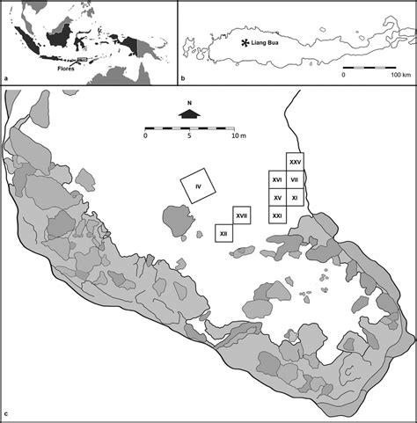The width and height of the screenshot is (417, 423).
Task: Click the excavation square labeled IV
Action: [x=200, y=186]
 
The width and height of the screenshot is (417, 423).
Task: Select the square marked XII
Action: [x=224, y=233]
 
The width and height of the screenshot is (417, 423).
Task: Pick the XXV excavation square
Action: [x=296, y=162]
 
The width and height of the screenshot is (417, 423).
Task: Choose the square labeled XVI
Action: [x=277, y=180]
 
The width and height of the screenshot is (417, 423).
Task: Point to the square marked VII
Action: [x=296, y=180]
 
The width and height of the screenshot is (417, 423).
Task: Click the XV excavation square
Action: [x=277, y=198]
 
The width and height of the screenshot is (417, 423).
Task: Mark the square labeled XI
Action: [x=296, y=198]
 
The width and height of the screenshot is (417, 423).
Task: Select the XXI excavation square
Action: [x=277, y=215]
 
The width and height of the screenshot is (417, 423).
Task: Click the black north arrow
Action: [x=189, y=113]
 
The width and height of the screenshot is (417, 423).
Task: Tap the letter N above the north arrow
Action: [x=189, y=103]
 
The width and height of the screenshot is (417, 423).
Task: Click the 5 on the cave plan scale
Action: [x=190, y=136]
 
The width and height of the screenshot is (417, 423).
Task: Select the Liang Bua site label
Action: [x=262, y=41]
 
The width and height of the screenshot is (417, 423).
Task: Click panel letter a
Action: [x=7, y=78]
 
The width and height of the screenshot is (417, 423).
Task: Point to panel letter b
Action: [x=183, y=78]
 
